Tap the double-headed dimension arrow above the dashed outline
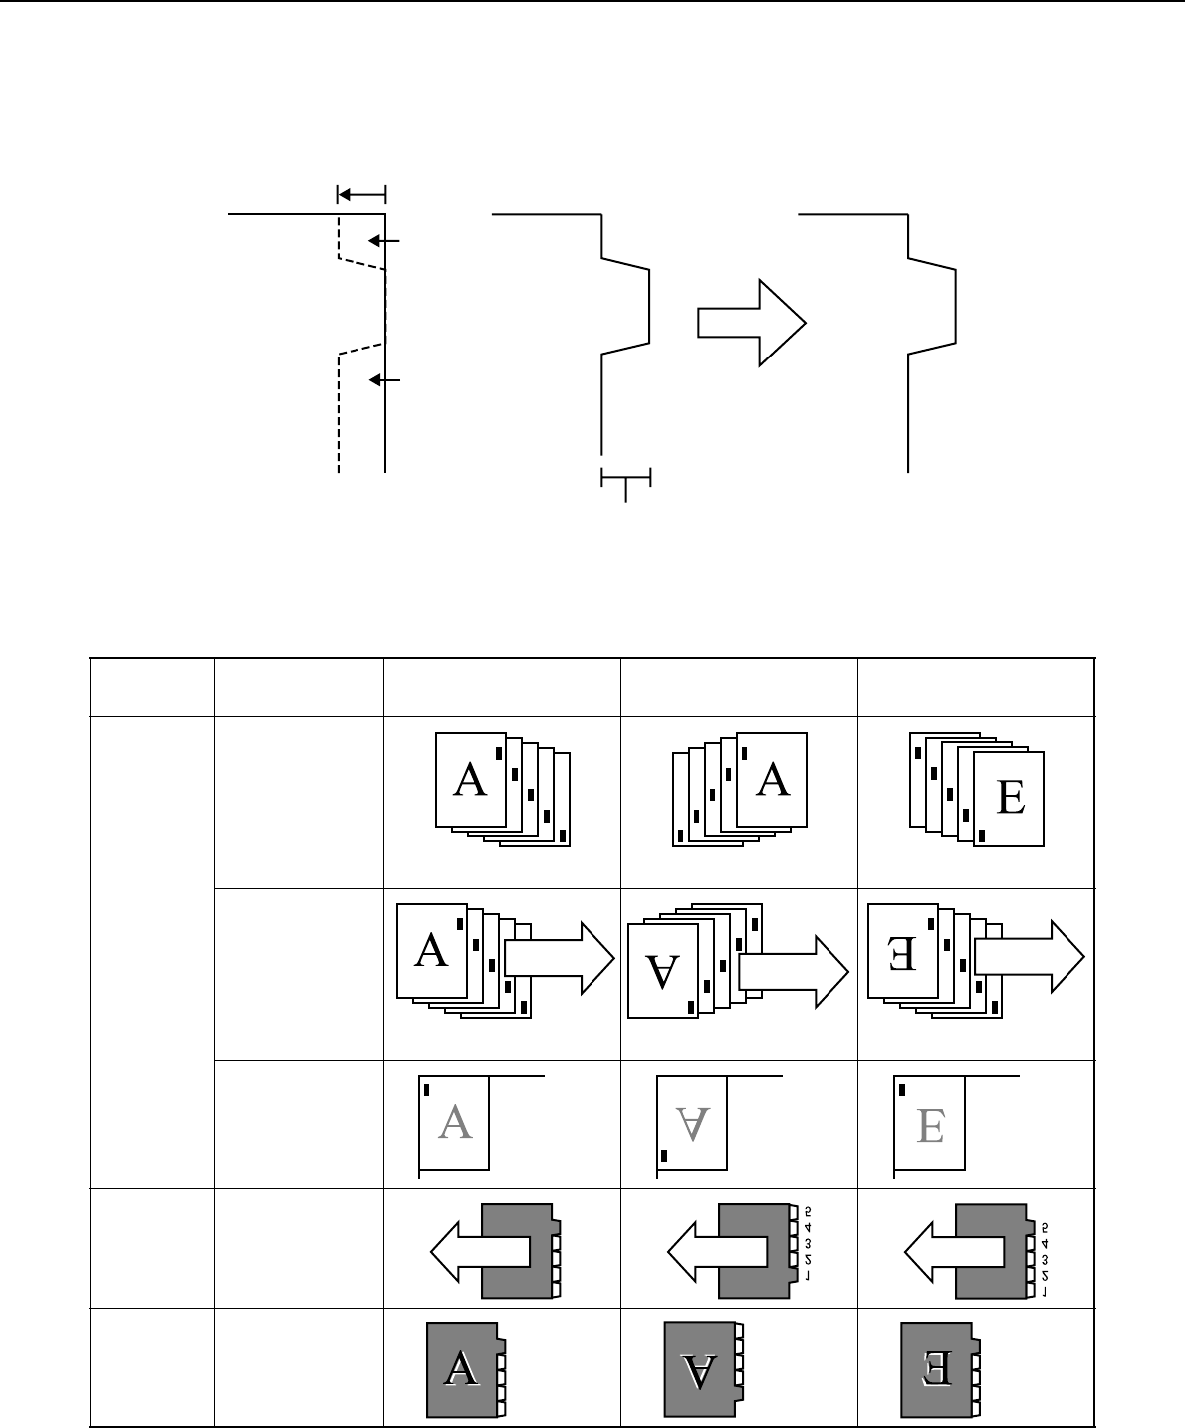pos(361,193)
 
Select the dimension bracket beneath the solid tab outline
pos(625,480)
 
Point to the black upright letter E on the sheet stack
pos(1010,799)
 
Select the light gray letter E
pos(930,1124)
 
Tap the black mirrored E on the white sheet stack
pos(901,950)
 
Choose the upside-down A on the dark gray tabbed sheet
pos(701,1371)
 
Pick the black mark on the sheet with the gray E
pos(903,1089)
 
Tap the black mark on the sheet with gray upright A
pos(427,1088)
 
